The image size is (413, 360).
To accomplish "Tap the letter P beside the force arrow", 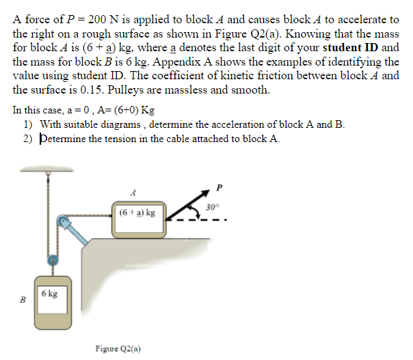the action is (219, 186).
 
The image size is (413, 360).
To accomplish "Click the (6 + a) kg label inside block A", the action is (137, 212).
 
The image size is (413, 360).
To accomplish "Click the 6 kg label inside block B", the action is (49, 293).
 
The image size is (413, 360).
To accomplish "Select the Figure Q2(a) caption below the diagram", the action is (118, 348).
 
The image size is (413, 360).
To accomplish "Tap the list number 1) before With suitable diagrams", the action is (28, 124).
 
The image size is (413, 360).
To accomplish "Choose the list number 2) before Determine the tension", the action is (28, 138).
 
